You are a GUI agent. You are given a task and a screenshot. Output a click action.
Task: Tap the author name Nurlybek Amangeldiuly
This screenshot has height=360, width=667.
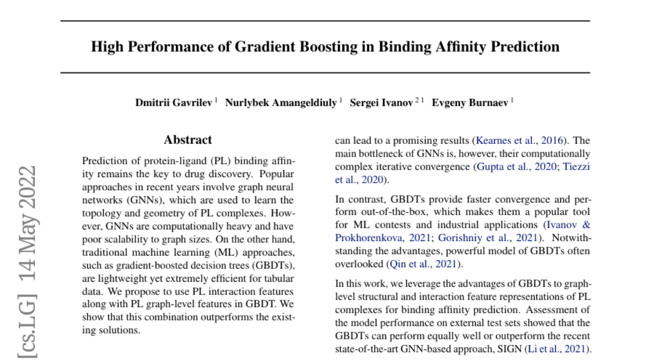click(280, 104)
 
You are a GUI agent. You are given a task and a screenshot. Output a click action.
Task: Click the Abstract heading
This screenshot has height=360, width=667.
click(188, 140)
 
